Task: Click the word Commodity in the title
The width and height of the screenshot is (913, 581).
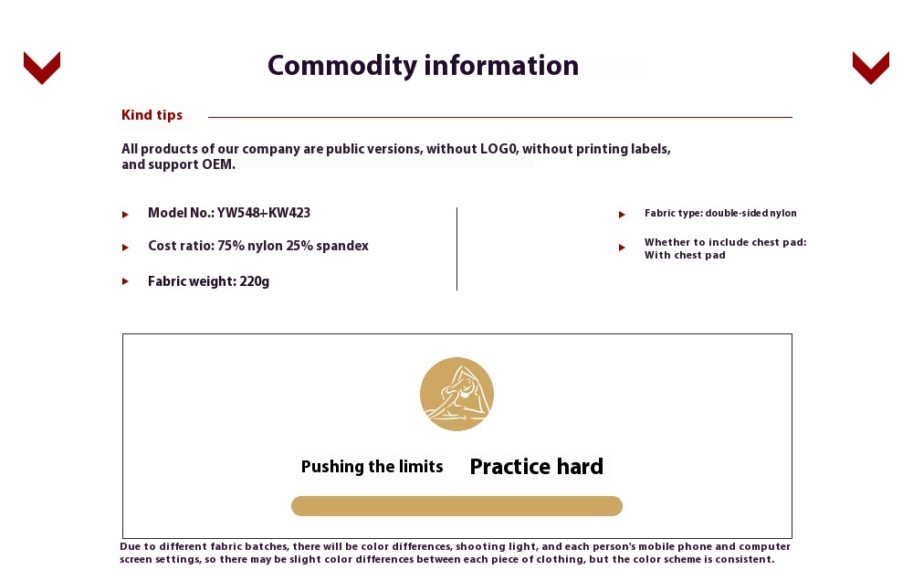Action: (342, 66)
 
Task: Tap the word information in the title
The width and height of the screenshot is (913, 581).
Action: (501, 65)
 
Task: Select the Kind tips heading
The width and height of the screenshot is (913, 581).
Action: (152, 115)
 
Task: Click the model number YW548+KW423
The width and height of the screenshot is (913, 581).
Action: (264, 213)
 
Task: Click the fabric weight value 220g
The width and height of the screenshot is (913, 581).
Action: (255, 281)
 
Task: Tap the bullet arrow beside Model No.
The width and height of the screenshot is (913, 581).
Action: (125, 215)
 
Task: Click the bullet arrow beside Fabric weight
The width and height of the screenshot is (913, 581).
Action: (125, 281)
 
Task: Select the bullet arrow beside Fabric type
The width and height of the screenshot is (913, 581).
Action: (622, 215)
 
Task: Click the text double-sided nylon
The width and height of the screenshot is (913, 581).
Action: (750, 213)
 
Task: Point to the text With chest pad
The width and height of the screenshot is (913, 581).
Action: (685, 255)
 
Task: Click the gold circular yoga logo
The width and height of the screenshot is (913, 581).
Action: (456, 394)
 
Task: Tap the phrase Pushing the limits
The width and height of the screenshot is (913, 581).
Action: (373, 467)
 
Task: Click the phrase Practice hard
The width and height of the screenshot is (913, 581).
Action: (536, 467)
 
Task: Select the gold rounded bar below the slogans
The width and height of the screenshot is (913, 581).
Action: (456, 506)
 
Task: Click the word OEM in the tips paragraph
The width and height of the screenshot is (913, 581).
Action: (218, 164)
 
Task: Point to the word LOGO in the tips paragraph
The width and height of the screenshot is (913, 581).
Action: (498, 149)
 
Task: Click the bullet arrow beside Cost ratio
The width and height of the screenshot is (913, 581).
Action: (125, 248)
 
